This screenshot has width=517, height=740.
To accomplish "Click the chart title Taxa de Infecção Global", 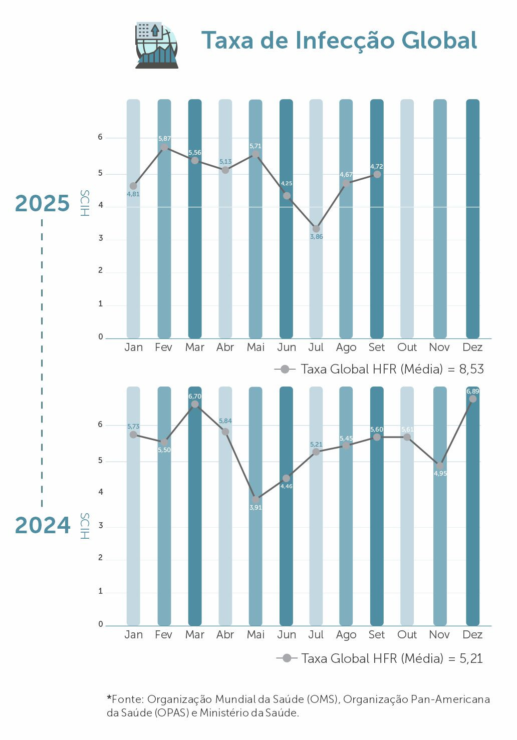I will pos(339,41).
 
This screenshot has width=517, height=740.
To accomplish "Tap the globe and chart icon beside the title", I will pos(156,45).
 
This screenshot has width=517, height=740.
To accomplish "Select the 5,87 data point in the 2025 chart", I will pos(164,147).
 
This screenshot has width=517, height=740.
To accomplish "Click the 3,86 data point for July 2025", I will pos(316,229).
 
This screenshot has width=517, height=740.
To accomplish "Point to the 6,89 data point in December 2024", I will pos(472,399).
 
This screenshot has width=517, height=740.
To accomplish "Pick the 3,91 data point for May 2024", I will pos(255,499).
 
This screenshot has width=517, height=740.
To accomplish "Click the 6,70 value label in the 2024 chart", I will pos(195,396).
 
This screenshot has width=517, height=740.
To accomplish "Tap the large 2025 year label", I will pos(43,203).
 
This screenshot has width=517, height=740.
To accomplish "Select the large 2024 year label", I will pos(43,525).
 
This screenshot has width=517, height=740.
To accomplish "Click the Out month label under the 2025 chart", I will pos(407,347).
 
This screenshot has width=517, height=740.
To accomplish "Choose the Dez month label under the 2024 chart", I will pos(472,635).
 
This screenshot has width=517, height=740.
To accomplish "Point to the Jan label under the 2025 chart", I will pos(133,347).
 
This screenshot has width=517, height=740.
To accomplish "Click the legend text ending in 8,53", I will pos(392,369).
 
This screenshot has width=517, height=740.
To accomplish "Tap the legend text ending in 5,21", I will pos(392,658).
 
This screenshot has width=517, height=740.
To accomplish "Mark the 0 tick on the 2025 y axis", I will pos(101,337).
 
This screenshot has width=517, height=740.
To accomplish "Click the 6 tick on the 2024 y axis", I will pos(101,425).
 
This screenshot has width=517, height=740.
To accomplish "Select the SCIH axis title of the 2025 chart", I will pos(85,203).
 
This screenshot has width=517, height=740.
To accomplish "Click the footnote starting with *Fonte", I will pos(298,705).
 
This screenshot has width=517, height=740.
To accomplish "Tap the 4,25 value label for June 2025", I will pos(287,183).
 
